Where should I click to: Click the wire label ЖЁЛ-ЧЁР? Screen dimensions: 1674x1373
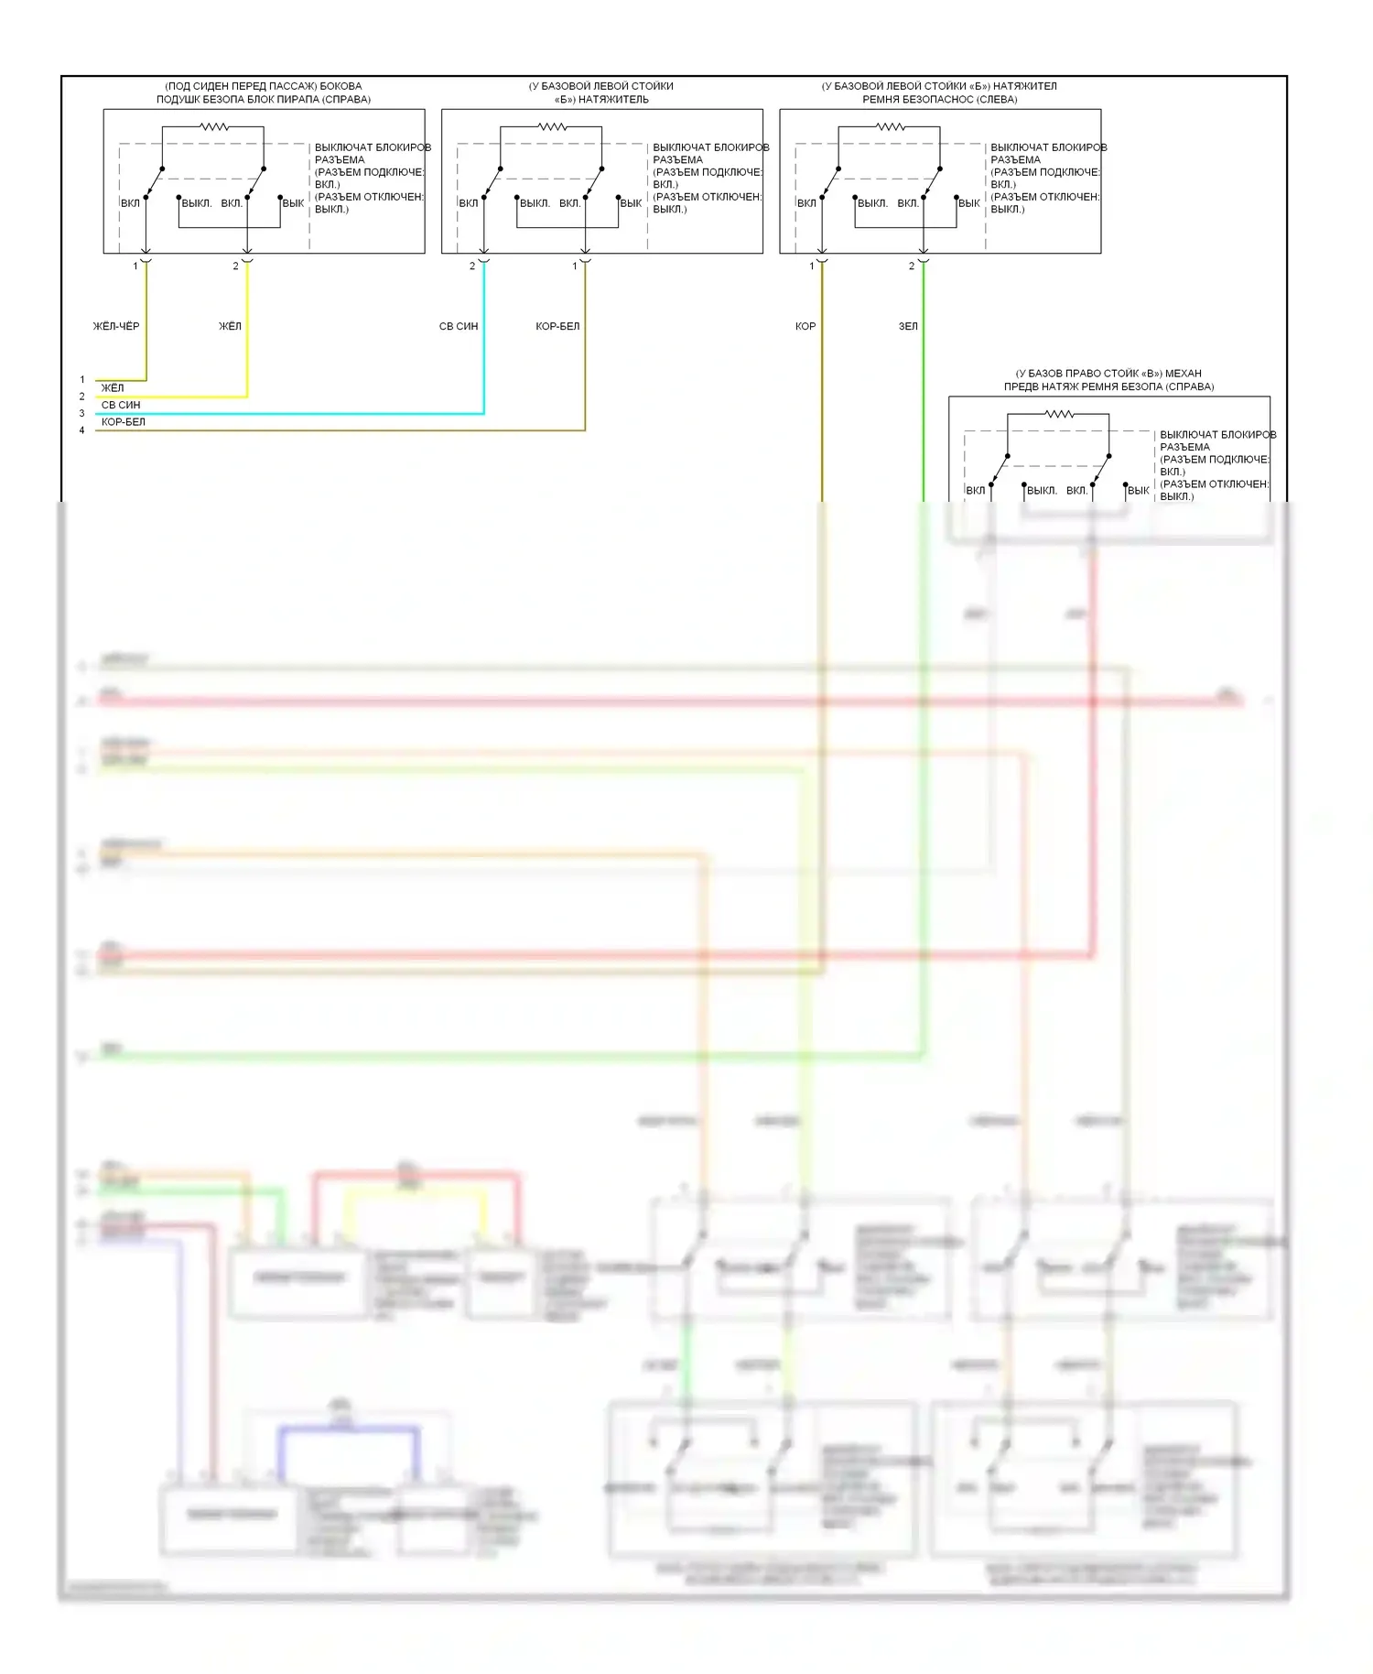[116, 326]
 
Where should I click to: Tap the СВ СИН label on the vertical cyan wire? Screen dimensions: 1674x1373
[459, 326]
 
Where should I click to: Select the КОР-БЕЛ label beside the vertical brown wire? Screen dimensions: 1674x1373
[557, 326]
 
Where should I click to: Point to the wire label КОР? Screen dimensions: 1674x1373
[805, 326]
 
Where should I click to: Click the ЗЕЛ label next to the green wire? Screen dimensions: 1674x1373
[908, 326]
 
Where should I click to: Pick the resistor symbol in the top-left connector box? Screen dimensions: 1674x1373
[214, 127]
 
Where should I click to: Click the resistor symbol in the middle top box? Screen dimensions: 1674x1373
[552, 127]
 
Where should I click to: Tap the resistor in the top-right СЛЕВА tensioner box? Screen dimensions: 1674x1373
[890, 127]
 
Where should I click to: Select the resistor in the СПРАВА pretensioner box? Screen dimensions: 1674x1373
[1059, 415]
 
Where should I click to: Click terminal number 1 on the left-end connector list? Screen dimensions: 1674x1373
[82, 379]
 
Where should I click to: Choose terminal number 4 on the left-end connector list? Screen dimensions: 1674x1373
[82, 430]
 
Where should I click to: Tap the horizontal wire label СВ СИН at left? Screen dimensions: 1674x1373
[121, 405]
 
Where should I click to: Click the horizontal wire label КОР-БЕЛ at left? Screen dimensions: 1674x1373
[124, 422]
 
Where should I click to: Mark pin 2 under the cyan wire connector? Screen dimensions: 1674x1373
[472, 266]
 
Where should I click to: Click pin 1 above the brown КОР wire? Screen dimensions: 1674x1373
[811, 266]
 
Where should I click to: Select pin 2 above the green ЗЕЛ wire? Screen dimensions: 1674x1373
[912, 266]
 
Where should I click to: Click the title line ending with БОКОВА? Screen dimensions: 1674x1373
[264, 86]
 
